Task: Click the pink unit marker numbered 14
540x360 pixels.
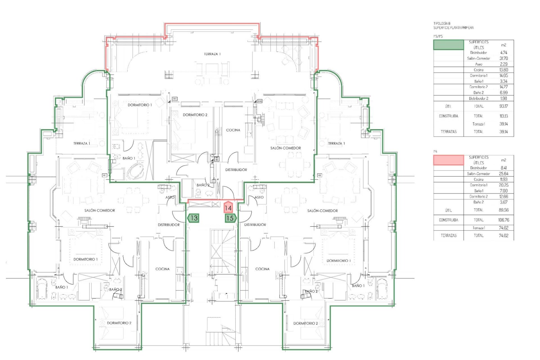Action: point(228,208)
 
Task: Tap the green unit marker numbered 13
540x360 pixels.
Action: point(193,218)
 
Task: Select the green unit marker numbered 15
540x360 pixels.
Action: point(230,218)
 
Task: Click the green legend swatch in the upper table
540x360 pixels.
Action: point(448,45)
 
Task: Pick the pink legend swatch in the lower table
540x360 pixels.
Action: point(448,160)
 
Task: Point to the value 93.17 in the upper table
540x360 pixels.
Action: point(503,106)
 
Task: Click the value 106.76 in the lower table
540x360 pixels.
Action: point(503,220)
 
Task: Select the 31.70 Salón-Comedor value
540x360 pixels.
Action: point(503,58)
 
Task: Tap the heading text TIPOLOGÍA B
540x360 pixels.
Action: point(442,24)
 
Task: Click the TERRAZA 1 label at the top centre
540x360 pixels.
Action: point(212,54)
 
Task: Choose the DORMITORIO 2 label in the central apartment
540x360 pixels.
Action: point(195,115)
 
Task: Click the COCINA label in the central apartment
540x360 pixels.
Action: point(233,130)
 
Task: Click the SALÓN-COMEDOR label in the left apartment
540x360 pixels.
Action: point(100,210)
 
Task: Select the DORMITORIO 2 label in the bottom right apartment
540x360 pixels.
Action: point(305,323)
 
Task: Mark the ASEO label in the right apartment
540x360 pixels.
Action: point(259,197)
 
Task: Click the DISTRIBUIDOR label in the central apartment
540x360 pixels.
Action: point(236,170)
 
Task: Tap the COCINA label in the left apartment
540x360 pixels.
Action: point(162,269)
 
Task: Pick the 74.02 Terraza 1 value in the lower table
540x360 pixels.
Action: point(503,228)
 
